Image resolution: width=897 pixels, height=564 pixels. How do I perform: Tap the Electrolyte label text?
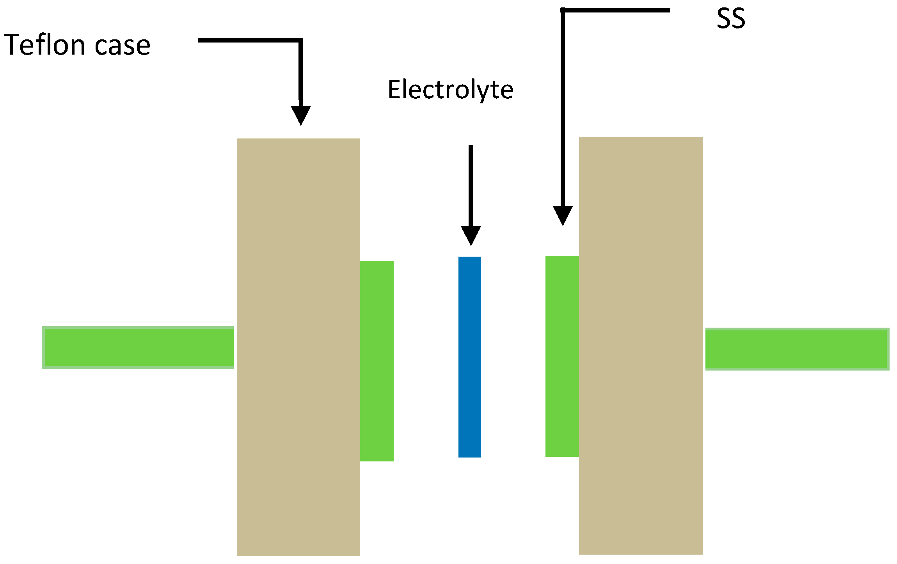click(x=450, y=90)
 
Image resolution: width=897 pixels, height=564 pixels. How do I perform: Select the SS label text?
click(x=731, y=19)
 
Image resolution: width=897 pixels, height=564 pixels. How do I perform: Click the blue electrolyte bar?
click(x=469, y=356)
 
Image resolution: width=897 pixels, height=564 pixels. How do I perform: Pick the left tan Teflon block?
click(x=298, y=347)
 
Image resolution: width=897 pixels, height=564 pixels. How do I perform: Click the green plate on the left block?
click(x=377, y=361)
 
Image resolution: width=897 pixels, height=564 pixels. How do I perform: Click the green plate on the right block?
click(x=562, y=356)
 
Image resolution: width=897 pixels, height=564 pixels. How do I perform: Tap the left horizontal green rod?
click(x=138, y=348)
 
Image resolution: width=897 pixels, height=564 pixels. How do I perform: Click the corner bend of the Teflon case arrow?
click(x=300, y=40)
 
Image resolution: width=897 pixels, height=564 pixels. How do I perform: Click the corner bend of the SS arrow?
click(x=563, y=11)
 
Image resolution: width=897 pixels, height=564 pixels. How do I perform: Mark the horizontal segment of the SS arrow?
click(x=616, y=10)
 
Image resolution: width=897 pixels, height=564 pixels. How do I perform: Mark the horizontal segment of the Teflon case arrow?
click(x=250, y=40)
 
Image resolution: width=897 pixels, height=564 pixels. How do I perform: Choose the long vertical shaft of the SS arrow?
click(x=563, y=109)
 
